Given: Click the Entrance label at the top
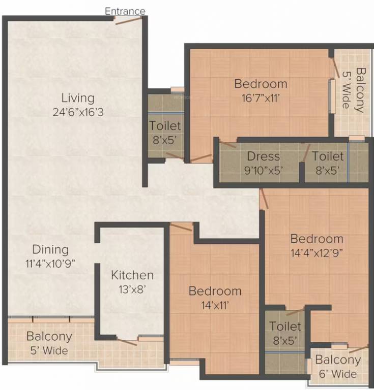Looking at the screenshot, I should (125, 11).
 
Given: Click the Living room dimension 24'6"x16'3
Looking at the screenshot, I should (78, 112).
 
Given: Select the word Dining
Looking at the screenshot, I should (50, 249).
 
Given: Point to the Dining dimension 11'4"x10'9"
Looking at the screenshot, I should (50, 264).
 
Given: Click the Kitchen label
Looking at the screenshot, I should (132, 275).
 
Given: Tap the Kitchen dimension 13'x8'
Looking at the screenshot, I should (132, 289).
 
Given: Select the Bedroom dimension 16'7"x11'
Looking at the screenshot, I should (261, 98).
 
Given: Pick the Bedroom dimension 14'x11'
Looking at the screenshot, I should (215, 305).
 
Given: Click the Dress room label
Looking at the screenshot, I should (264, 156).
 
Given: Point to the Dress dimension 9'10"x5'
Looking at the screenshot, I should (264, 170).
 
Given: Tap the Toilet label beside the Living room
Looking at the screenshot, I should (164, 125).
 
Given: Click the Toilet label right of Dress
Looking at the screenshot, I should (328, 156).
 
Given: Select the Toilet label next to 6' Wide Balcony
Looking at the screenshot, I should (285, 326).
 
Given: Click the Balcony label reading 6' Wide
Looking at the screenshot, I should (338, 361).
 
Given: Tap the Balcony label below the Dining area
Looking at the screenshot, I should (49, 336).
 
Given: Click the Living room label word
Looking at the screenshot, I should (78, 97).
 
